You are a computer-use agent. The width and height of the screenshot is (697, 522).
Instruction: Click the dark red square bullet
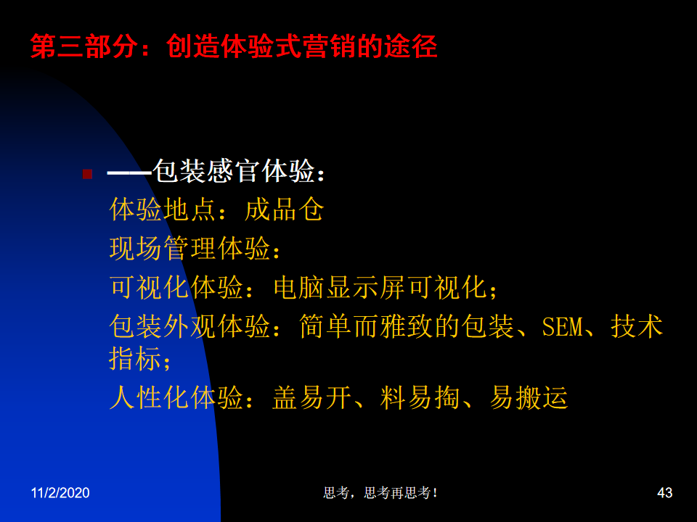coord(88,174)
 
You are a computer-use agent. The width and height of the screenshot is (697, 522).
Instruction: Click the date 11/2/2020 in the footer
coord(60,493)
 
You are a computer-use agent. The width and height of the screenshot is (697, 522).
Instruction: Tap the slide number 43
coord(664,493)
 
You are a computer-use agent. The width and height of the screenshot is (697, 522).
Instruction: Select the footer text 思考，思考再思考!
coord(380,493)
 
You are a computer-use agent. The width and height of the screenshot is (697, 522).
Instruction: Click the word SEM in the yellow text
coord(562,327)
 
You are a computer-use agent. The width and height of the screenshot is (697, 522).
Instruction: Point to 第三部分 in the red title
coord(83,46)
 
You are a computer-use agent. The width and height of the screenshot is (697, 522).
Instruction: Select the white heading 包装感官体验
coord(234,171)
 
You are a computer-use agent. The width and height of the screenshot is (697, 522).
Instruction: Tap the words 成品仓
coord(284,210)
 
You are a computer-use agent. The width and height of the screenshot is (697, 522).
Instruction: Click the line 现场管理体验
coord(189,248)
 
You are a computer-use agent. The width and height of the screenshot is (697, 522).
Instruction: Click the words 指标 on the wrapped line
coord(135,358)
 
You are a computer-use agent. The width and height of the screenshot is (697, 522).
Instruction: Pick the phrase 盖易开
coord(311,397)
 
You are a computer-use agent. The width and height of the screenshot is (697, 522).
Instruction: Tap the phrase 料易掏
coord(420,397)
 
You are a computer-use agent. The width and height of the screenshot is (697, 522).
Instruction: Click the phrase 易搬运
coord(529,397)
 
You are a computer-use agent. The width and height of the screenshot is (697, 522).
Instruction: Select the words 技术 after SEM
coord(637,327)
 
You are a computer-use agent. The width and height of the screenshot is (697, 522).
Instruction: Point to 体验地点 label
coord(163,210)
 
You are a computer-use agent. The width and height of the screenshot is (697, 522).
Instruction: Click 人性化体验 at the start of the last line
coord(176,397)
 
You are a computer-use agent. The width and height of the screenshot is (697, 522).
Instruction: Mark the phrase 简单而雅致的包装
coord(407,327)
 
